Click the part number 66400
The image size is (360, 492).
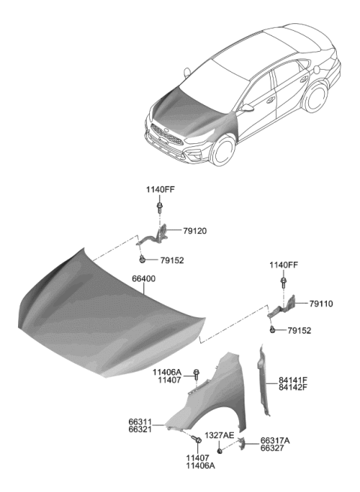pyautogui.click(x=145, y=279)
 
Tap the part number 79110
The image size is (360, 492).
pyautogui.click(x=320, y=304)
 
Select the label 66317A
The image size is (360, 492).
pyautogui.click(x=274, y=441)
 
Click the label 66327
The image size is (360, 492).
pyautogui.click(x=274, y=450)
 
